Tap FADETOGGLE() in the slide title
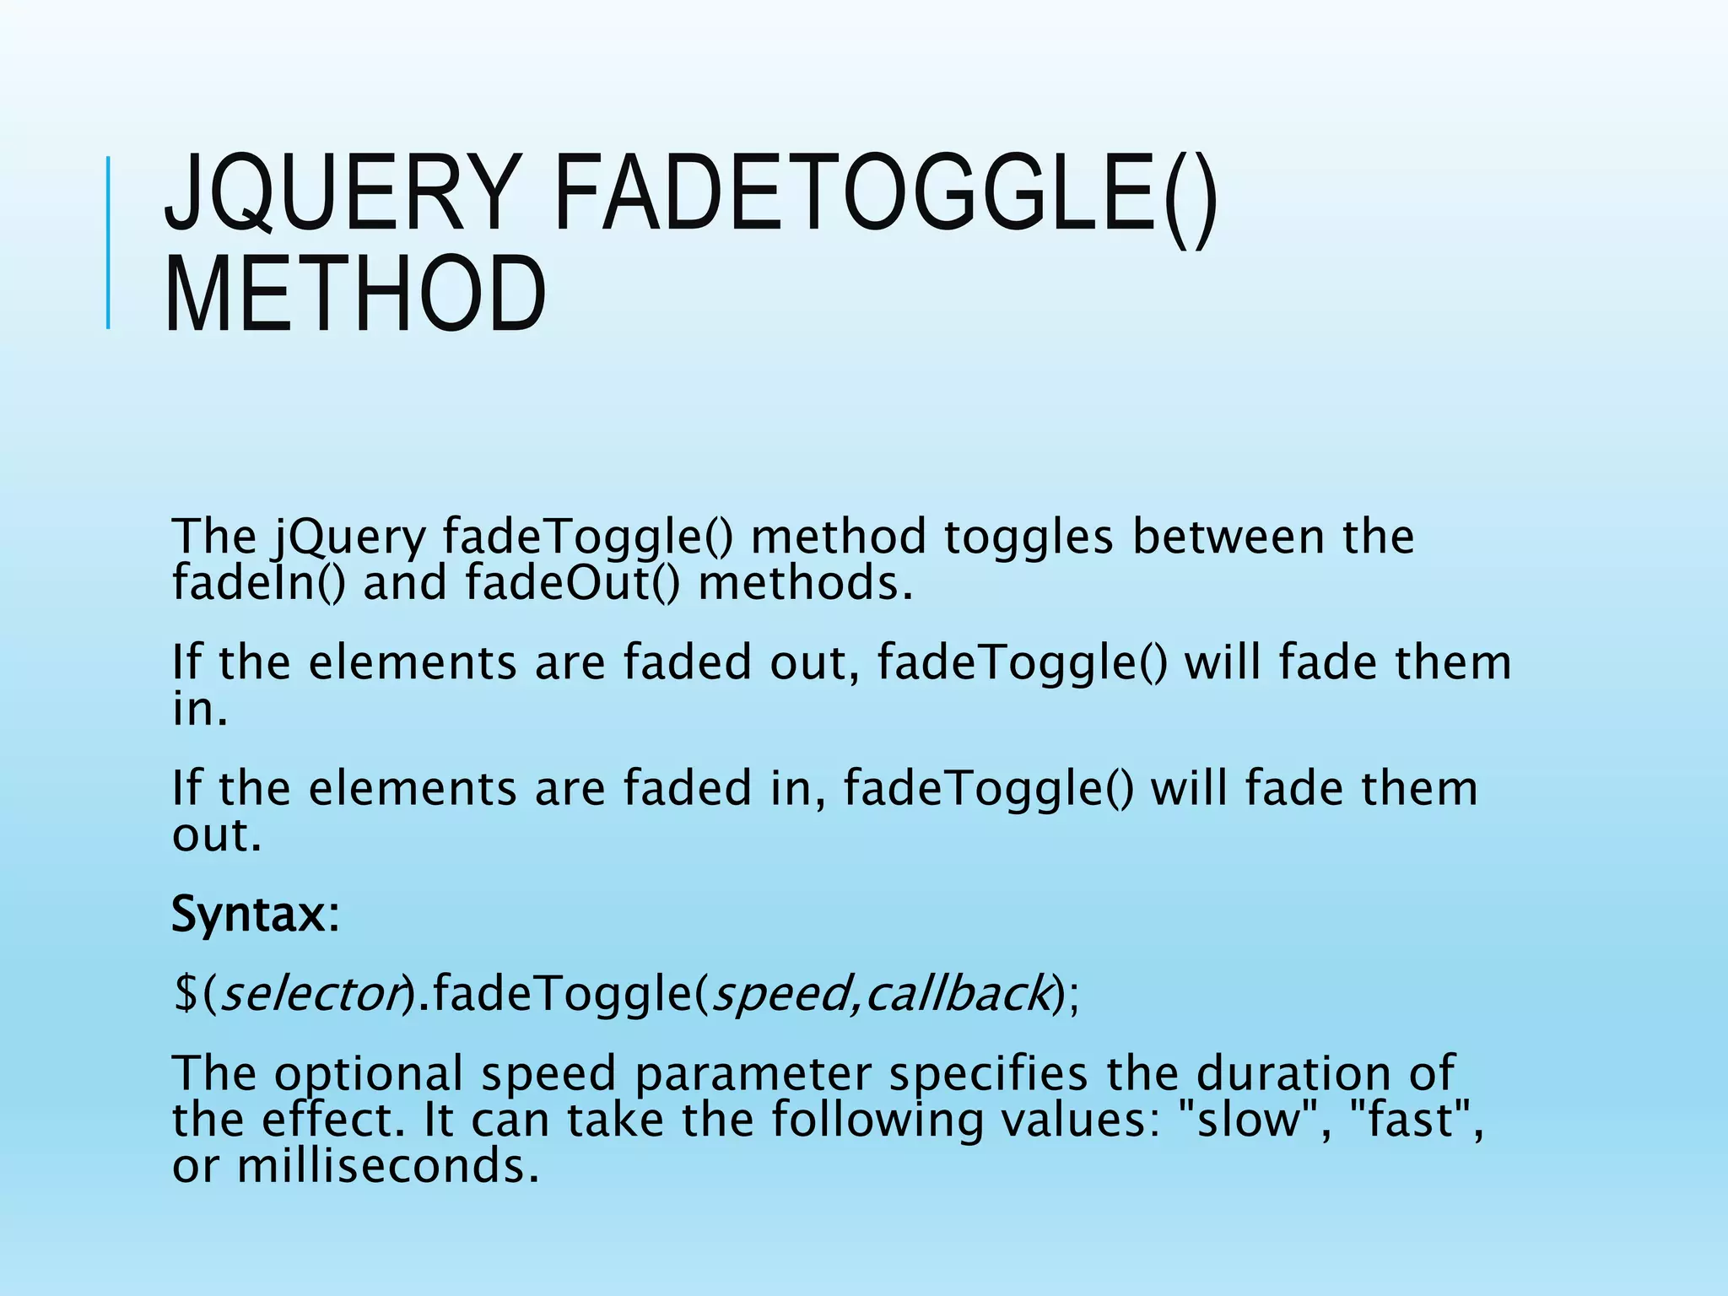pos(885,194)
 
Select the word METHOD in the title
pos(355,294)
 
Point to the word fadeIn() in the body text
pos(258,583)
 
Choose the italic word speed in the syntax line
pos(780,993)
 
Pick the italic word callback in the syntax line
pos(958,993)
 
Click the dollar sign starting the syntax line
pos(185,993)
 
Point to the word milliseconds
pos(387,1167)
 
